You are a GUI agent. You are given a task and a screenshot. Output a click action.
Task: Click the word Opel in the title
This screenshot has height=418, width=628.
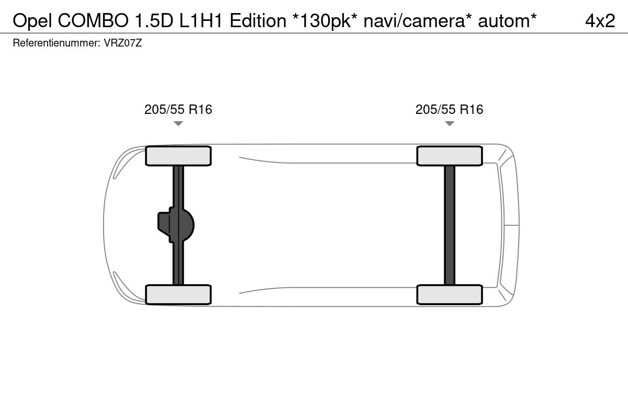point(32,21)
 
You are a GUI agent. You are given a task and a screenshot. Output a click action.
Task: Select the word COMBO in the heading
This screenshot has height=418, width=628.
point(93,21)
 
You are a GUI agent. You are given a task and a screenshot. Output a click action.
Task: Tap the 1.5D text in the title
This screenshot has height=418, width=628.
point(154,21)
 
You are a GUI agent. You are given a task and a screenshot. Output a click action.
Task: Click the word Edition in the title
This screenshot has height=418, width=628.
point(258,21)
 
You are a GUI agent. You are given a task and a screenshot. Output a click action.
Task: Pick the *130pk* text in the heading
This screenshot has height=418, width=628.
point(324,21)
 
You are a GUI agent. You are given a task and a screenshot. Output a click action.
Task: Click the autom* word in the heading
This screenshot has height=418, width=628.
point(507,21)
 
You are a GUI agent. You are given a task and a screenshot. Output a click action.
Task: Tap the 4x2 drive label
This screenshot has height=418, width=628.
point(600,21)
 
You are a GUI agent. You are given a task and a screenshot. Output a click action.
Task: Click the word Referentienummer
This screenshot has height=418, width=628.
point(57,43)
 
